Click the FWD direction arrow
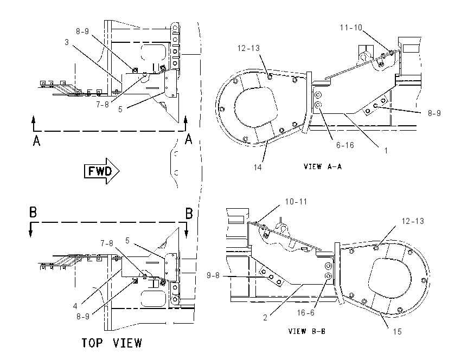tap(102, 171)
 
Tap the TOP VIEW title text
tap(112, 343)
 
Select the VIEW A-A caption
tap(323, 166)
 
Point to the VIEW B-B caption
tap(307, 331)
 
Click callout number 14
tap(258, 167)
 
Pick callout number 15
tap(397, 332)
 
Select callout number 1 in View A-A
tap(386, 151)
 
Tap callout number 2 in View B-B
tap(265, 318)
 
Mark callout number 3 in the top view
tap(67, 42)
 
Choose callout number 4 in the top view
tap(75, 306)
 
